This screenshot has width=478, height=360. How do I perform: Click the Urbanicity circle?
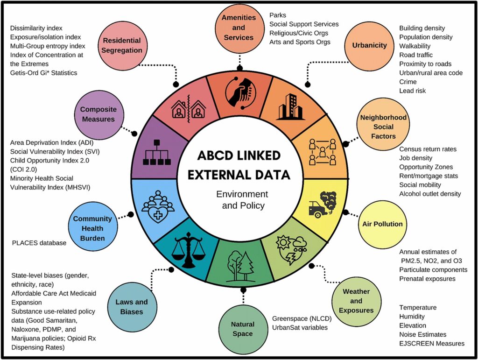coord(370,45)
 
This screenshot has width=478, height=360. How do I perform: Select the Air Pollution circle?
coord(382,224)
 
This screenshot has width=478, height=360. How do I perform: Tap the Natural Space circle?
coord(243,329)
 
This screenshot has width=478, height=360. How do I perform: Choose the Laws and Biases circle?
coord(132,307)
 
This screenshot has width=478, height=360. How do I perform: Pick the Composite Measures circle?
coord(99,114)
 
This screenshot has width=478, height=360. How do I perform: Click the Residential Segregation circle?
coord(122,46)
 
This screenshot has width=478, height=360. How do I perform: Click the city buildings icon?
coord(290,106)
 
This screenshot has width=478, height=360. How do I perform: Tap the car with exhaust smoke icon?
coord(322,205)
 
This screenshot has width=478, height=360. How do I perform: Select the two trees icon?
coord(241,266)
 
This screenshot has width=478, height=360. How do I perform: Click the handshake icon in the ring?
coord(241,92)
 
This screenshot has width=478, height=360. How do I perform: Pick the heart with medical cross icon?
coord(158,206)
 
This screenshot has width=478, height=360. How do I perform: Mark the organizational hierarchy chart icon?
coord(157,152)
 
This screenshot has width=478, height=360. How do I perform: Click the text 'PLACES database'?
coord(39,243)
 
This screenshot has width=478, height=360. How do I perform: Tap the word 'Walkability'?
coord(415,46)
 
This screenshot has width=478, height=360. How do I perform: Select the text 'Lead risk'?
coord(413,91)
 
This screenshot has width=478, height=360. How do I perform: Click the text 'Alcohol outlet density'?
coord(430,194)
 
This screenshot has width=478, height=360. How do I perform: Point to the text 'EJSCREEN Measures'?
coord(432,344)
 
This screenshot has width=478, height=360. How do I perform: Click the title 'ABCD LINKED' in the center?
coord(239,155)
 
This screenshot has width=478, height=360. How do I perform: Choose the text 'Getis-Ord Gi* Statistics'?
coord(43,73)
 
